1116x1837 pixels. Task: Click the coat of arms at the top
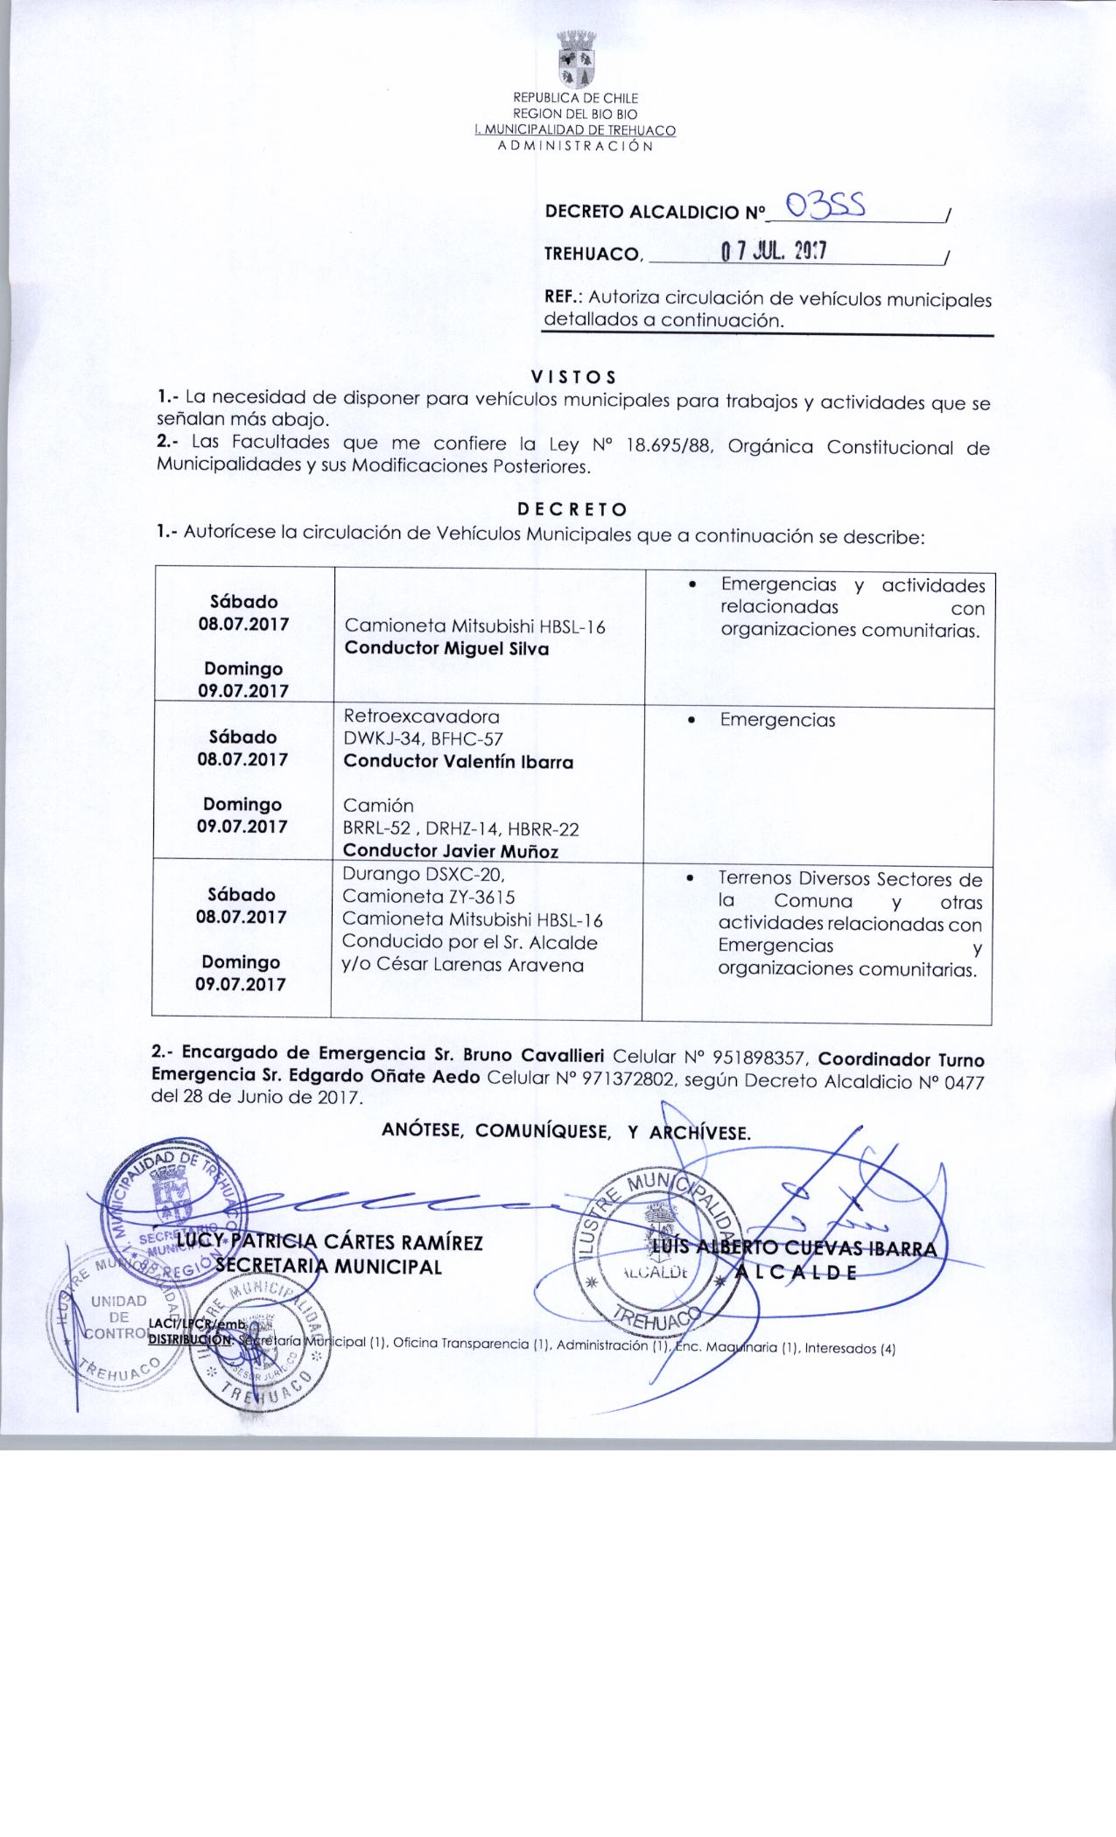pyautogui.click(x=575, y=60)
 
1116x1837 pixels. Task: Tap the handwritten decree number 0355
pyautogui.click(x=826, y=206)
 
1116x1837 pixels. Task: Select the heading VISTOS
pyautogui.click(x=574, y=377)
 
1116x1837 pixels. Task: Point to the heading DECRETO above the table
pyautogui.click(x=572, y=509)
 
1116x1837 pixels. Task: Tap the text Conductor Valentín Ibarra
pyautogui.click(x=459, y=761)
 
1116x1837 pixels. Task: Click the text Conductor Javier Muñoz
pyautogui.click(x=450, y=850)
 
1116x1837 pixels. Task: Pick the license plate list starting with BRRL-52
pyautogui.click(x=460, y=828)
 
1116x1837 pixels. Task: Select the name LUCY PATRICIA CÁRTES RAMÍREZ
pyautogui.click(x=329, y=1243)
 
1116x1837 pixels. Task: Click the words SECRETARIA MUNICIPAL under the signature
pyautogui.click(x=328, y=1266)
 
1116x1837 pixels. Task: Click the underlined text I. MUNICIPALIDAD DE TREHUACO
pyautogui.click(x=574, y=130)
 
